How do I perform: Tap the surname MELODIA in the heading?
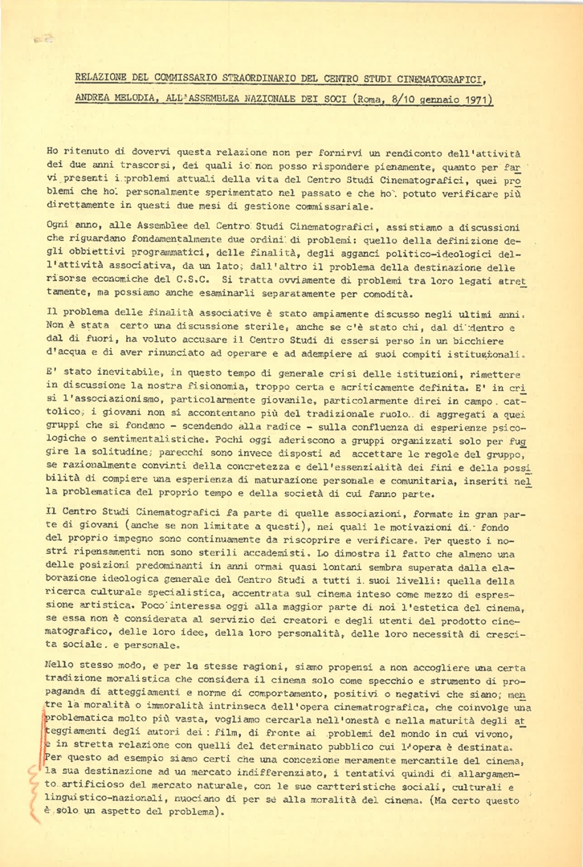click(131, 101)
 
